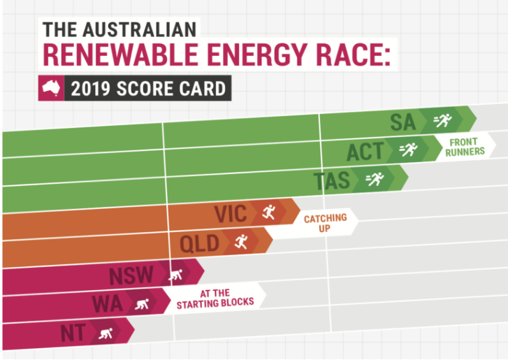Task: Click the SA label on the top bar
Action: [403, 122]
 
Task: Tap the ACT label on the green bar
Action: [365, 152]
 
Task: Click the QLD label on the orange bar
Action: [200, 243]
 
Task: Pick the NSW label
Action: [131, 275]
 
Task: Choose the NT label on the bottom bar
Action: [73, 333]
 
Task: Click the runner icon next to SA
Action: [442, 121]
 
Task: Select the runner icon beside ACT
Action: [408, 150]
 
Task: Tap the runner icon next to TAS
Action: [375, 180]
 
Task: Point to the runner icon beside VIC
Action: [269, 211]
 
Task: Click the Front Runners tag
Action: [467, 146]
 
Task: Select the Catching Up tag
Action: [325, 223]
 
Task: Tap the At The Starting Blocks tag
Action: [215, 298]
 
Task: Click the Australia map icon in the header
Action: [50, 89]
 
